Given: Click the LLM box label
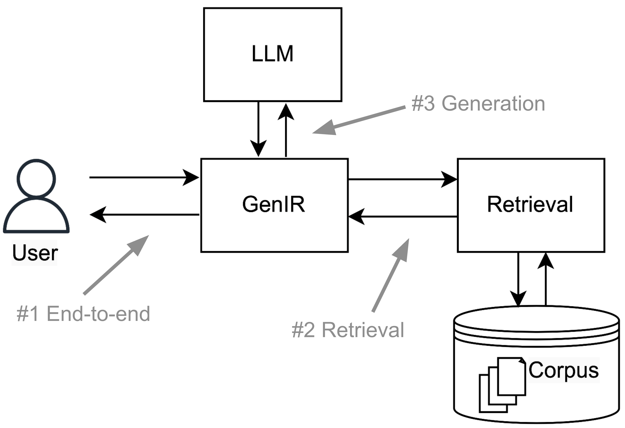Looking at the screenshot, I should click(272, 54).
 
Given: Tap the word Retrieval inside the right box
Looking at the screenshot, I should click(530, 204).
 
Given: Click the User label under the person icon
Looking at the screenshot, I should click(35, 253).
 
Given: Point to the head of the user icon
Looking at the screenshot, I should click(36, 178).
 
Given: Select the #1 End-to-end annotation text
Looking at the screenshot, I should click(83, 314).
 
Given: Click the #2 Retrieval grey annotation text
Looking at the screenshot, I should click(348, 330).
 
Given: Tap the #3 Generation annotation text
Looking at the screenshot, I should click(478, 104).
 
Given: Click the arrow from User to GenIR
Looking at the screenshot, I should click(144, 177).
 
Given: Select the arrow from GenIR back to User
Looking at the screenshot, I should click(144, 215).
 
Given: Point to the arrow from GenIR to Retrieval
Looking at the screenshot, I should click(402, 179).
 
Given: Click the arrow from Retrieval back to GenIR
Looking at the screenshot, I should click(402, 216).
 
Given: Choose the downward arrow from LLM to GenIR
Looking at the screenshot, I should click(258, 129).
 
